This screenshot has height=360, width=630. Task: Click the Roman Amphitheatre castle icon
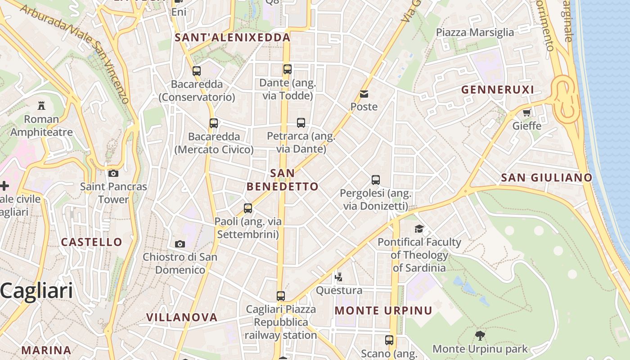click(41, 106)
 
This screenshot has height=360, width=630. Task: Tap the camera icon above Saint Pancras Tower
click(113, 173)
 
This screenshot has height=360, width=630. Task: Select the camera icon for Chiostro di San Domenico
click(180, 244)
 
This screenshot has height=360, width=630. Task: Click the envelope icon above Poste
click(364, 94)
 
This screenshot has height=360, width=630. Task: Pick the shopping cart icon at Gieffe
click(526, 112)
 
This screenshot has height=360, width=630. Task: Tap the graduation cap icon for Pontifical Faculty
click(419, 229)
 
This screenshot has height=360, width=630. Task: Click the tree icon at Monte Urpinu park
click(480, 335)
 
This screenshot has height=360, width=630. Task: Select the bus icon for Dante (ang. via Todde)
click(288, 69)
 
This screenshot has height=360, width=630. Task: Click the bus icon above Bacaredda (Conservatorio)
click(196, 71)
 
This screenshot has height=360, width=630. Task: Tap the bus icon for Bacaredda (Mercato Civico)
click(214, 123)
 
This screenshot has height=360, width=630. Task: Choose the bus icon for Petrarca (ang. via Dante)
click(301, 123)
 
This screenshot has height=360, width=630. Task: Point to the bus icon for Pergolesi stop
click(376, 180)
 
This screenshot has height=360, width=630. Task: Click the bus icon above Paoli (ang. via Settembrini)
click(248, 208)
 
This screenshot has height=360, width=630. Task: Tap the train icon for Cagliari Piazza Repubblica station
click(281, 296)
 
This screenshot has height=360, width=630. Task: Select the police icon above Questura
click(338, 277)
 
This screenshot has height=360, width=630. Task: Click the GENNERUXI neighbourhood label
click(497, 90)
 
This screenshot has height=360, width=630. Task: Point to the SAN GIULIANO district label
click(546, 178)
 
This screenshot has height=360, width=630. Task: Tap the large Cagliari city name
click(36, 291)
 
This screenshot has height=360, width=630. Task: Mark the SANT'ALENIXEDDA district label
click(232, 37)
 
